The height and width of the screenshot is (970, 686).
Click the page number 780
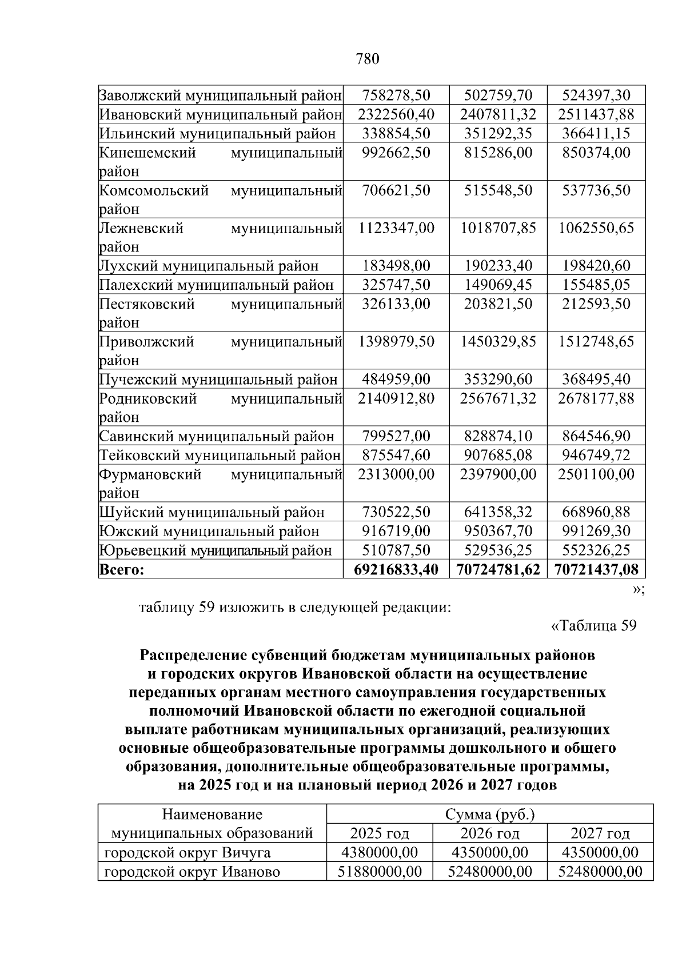[368, 59]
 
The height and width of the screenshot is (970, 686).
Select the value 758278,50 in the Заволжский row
[396, 95]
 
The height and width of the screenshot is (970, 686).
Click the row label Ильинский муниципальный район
[218, 133]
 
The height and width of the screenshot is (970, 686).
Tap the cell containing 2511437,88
[596, 114]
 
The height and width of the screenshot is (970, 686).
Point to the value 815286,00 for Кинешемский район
[497, 153]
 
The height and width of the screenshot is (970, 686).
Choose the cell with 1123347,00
[396, 228]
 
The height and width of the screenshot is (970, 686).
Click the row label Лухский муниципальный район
[209, 266]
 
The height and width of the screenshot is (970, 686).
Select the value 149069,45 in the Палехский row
[497, 285]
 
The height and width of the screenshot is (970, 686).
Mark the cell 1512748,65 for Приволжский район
[596, 342]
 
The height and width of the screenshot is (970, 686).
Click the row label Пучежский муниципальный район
[218, 380]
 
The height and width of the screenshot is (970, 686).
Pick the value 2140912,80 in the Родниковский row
[396, 398]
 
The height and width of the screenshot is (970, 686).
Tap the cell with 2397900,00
[497, 474]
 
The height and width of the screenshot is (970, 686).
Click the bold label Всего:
[122, 569]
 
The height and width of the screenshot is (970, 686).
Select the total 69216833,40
[396, 569]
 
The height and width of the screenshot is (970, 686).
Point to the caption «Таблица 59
[593, 625]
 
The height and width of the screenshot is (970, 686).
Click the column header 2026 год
[489, 833]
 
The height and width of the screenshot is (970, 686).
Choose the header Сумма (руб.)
[489, 814]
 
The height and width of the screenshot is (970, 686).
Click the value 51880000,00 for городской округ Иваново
[380, 872]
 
